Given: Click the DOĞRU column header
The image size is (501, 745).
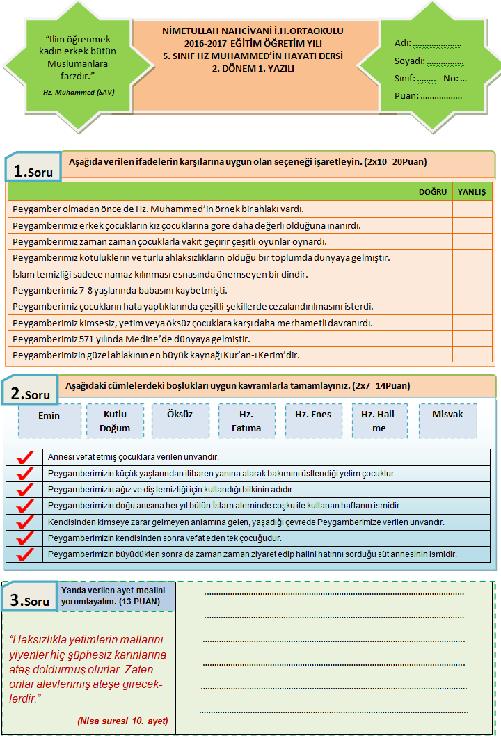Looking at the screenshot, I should pos(433,192).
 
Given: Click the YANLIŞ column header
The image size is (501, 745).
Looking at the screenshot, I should pos(472,192).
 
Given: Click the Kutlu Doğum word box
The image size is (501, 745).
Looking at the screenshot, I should pos(115,421).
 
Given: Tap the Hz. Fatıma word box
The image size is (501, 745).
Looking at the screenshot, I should pos(246,421).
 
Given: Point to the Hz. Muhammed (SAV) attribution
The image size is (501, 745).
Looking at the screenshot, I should pos(78,92).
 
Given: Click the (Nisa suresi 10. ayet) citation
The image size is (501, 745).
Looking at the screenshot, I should pos(122,721).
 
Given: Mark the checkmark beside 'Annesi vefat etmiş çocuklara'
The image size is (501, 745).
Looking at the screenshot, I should pos(25,457).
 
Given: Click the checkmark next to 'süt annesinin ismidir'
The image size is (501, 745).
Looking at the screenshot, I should pos(25,554).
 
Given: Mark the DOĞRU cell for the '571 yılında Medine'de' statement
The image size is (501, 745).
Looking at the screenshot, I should pos(433,339).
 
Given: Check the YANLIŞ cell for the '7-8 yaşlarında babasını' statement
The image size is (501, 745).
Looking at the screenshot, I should pos(472,290).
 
